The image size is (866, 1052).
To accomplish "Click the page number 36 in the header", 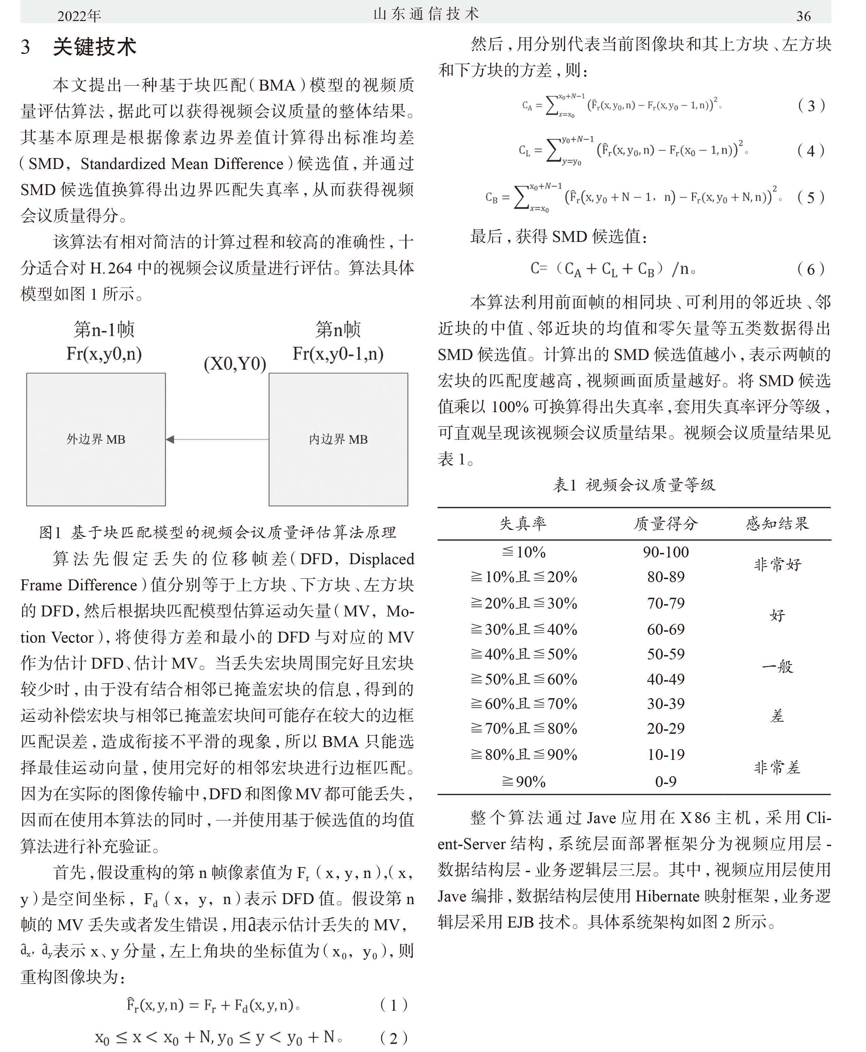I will point(803,16).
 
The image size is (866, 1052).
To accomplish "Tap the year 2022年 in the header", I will point(79,16).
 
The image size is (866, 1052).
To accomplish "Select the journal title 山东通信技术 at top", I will point(426,14).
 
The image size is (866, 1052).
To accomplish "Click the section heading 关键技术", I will point(94,47).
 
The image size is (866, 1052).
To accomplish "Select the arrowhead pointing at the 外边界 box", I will point(170,439).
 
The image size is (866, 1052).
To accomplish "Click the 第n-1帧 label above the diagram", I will point(104,329).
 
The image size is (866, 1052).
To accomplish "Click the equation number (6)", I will point(811,269).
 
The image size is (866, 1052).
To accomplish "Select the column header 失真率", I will point(523,523).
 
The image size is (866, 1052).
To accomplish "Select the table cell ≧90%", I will point(523,781).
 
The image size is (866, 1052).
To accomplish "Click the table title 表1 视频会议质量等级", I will point(634,485).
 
